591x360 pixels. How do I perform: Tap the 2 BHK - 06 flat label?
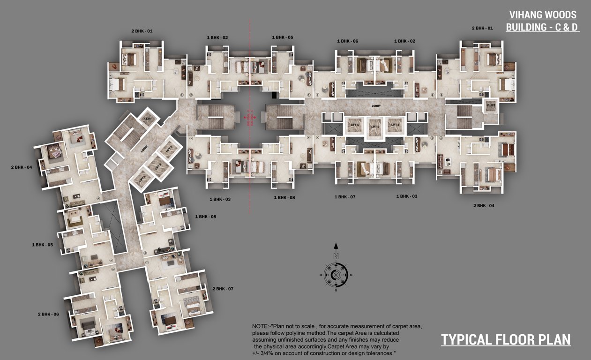pos(48,314)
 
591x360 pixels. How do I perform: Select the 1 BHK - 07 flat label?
pos(345,196)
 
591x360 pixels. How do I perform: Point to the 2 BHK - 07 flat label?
pos(223,289)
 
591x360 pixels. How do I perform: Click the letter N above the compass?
pos(336,256)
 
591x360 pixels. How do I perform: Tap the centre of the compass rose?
pos(336,275)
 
